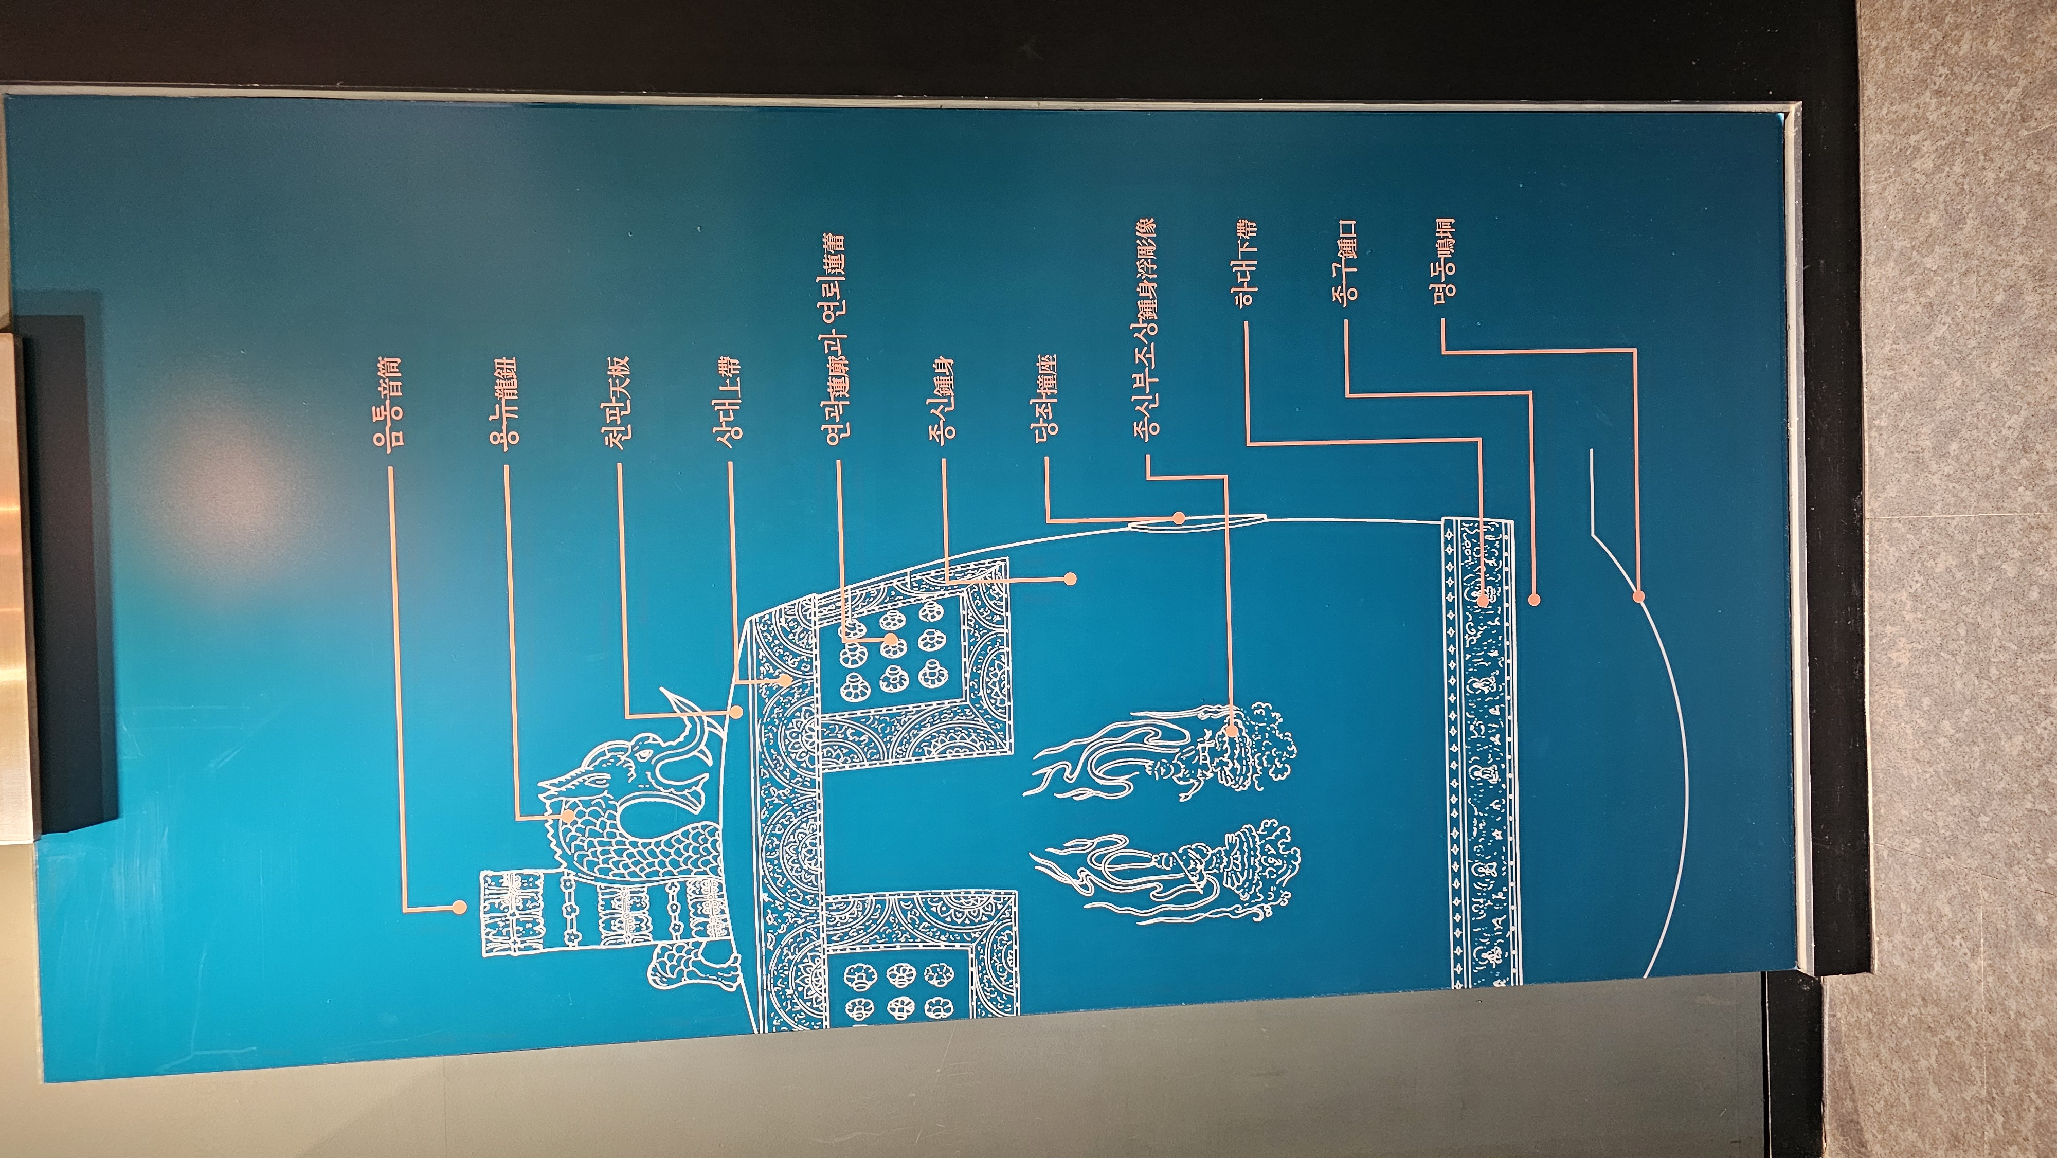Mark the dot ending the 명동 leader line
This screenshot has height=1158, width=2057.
click(1638, 596)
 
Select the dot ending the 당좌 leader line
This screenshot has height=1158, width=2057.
click(1179, 518)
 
